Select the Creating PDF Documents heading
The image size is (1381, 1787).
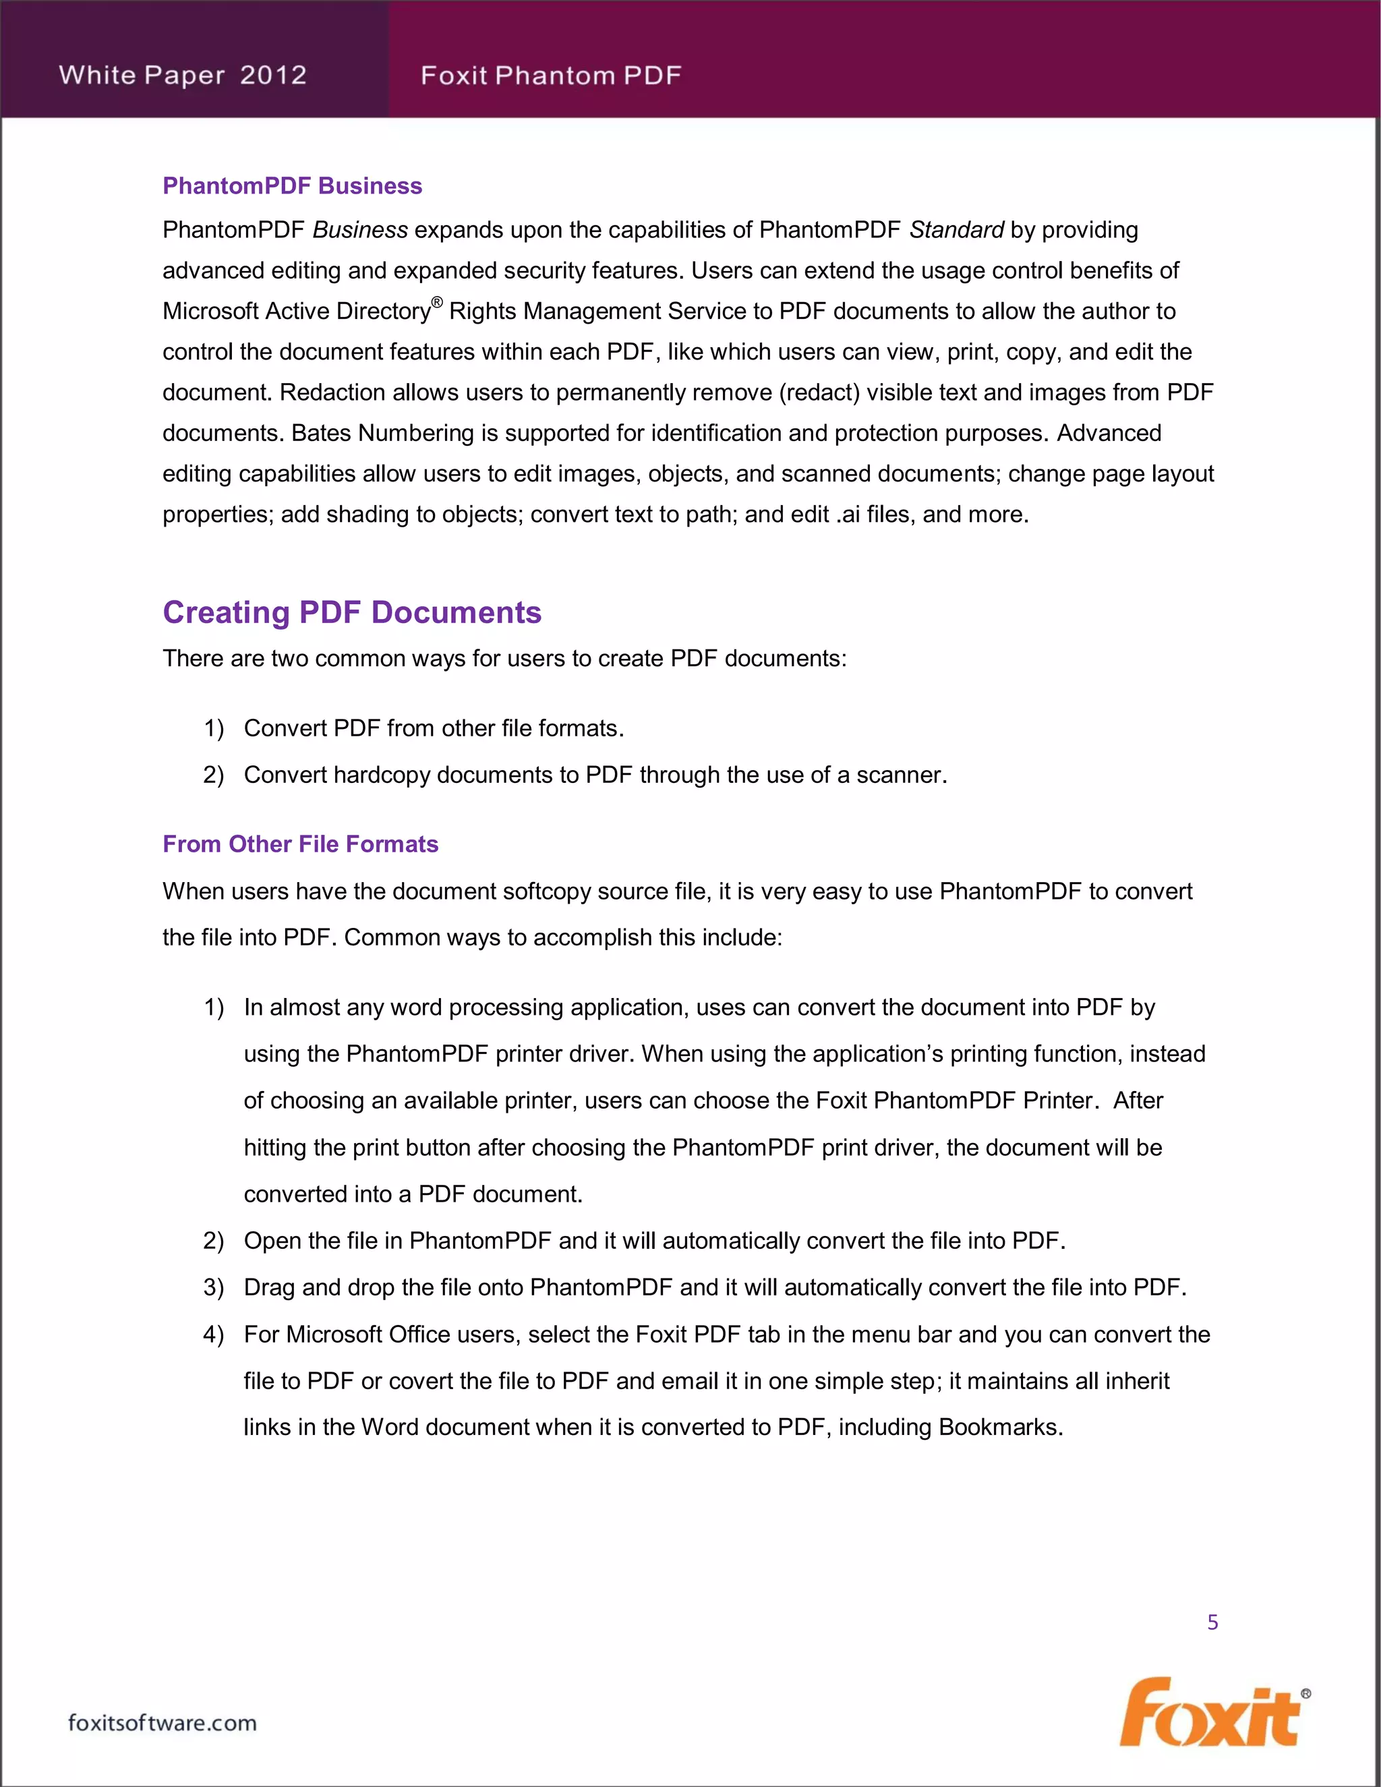352,612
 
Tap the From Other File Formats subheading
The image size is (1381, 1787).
300,844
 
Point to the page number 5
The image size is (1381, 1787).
1212,1622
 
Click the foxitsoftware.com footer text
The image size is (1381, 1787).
162,1722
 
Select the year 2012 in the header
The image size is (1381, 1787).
273,76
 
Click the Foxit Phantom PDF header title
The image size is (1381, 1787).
551,76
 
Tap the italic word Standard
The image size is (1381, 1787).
956,230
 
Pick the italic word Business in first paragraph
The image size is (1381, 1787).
360,230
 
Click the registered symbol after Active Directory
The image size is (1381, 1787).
437,303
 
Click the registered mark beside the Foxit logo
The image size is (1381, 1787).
1305,1694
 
